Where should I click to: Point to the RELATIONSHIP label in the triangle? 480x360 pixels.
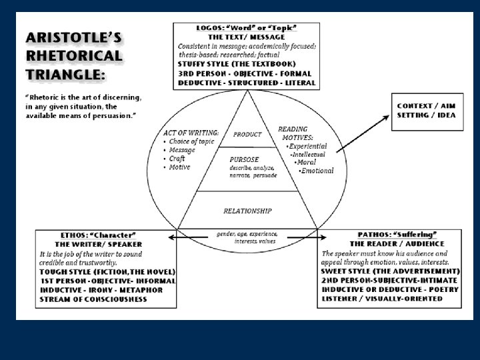point(247,211)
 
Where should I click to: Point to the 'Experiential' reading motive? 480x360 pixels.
point(308,146)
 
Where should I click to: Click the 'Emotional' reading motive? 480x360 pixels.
point(317,171)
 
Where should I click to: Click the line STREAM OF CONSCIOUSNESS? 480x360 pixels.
point(93,299)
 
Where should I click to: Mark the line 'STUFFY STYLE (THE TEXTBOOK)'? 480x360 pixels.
point(237,63)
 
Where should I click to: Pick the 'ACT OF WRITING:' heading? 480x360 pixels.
point(191,133)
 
